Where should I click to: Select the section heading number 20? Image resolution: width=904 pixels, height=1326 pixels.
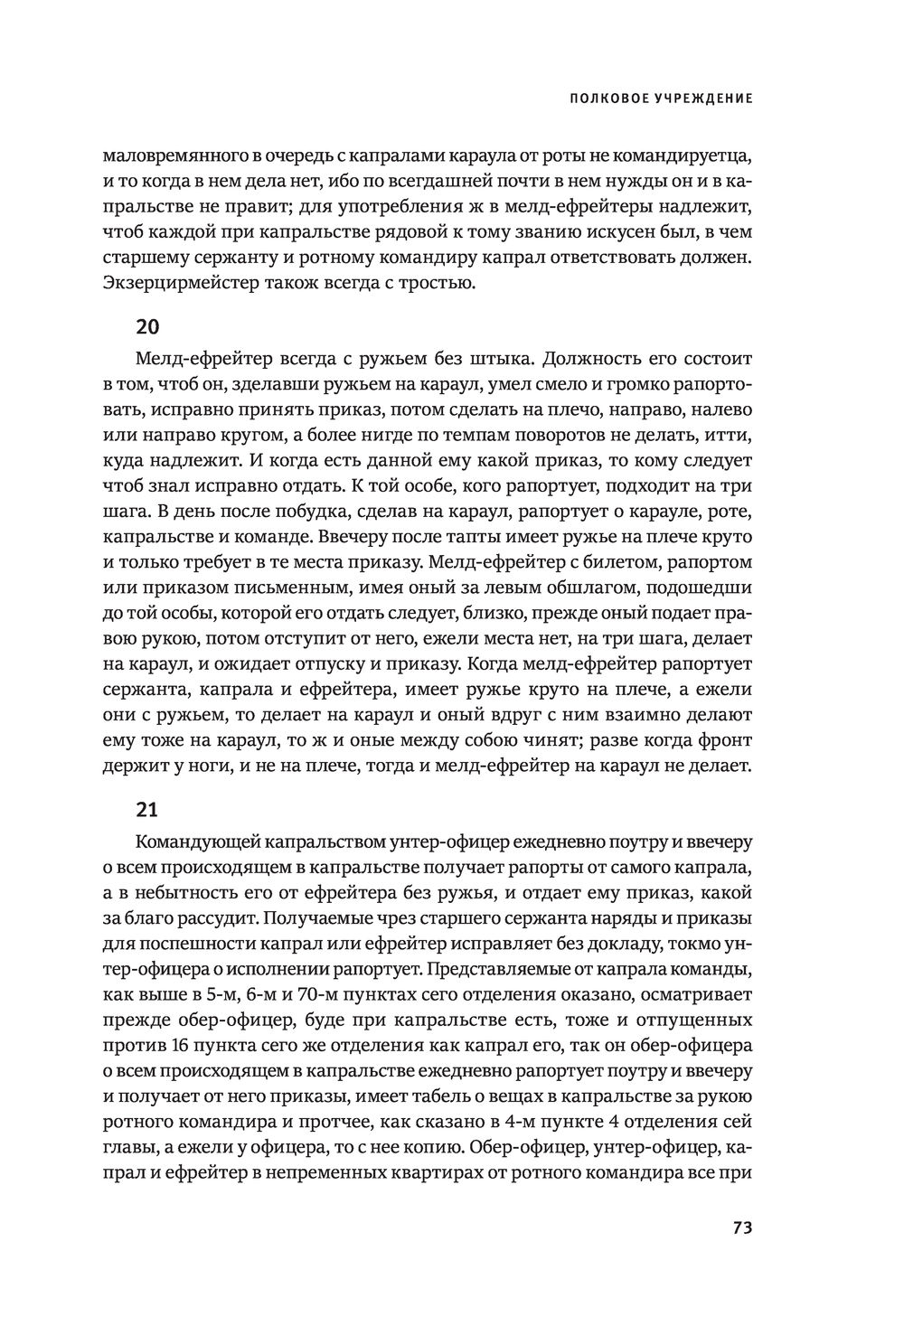point(146,326)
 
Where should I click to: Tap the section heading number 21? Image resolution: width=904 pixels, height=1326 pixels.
point(146,807)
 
